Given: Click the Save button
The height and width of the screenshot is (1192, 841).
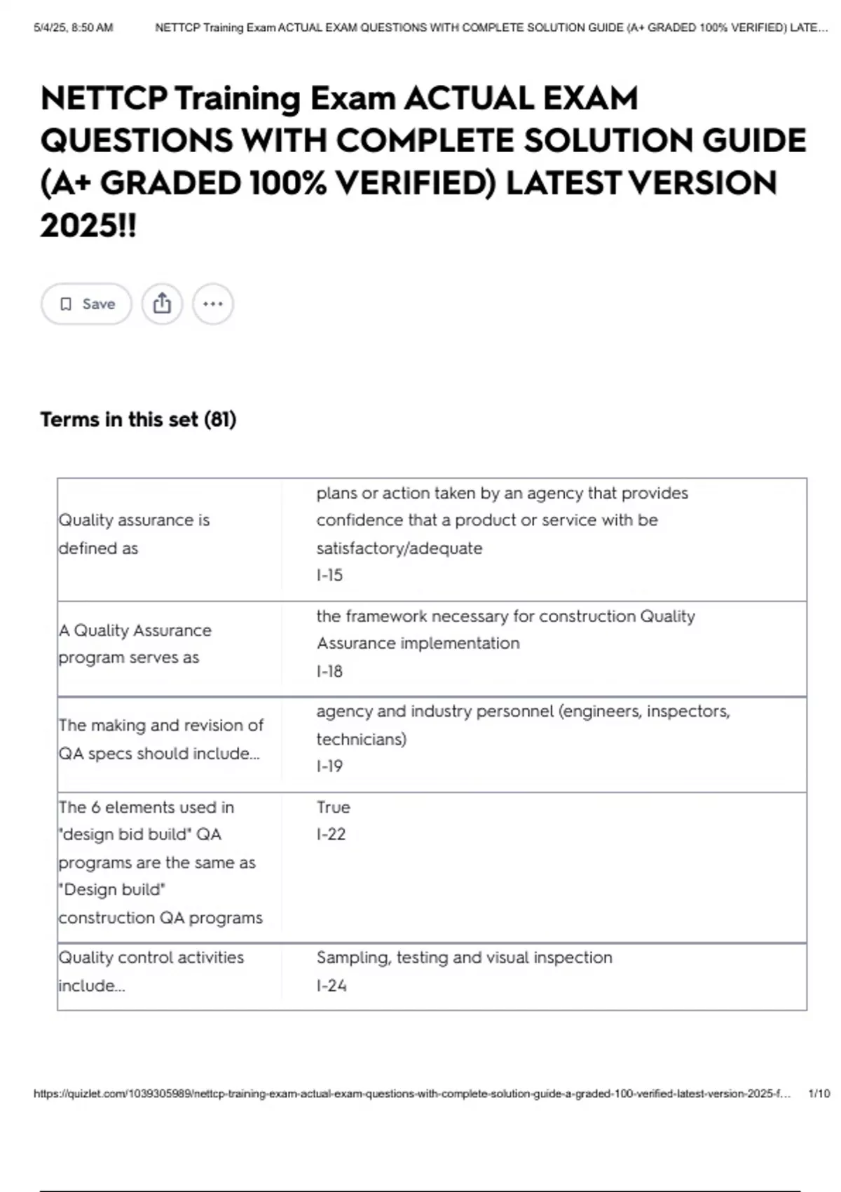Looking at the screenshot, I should point(86,304).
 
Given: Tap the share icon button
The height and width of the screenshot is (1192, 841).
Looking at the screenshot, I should point(162,304).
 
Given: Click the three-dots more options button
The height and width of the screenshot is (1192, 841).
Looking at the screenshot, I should point(212,304).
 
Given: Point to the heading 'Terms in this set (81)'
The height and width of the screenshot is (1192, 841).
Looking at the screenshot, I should point(138,419).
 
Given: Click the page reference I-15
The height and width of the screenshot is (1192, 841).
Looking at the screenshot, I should point(329,575).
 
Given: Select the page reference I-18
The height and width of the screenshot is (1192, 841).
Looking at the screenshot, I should point(329,671).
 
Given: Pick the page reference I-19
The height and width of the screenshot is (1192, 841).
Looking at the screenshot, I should point(329,766).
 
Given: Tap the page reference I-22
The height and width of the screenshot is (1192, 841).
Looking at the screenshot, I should point(331,834).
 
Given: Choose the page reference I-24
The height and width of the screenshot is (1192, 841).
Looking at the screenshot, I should point(331,985).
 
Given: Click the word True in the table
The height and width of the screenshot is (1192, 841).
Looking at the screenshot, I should point(333,807).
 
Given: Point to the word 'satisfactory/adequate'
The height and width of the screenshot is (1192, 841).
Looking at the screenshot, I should point(399,548).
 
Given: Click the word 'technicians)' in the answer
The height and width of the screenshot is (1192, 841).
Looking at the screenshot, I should point(361,739).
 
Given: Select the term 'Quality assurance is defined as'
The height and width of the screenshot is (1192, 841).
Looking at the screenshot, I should point(134,534).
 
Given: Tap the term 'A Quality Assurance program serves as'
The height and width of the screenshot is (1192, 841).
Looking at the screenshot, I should point(135,644).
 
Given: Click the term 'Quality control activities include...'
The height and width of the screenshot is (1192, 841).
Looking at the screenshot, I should point(151,971).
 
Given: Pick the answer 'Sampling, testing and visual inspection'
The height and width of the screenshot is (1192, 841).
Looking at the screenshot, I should point(464,957).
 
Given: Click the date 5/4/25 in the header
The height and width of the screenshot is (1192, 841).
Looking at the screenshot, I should point(50,28).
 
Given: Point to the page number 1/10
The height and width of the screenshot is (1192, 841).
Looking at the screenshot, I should point(819,1093).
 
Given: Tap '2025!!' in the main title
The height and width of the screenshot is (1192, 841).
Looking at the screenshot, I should point(88,226).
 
